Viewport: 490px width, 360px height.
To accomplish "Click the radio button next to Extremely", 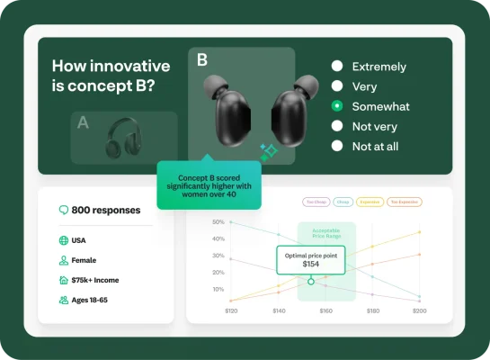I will pos(337,67).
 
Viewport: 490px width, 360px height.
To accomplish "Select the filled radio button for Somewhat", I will pos(337,106).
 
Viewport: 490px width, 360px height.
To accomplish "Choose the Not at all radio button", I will pos(337,146).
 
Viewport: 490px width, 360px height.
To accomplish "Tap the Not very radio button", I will pos(337,126).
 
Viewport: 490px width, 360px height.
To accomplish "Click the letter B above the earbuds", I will pos(202,61).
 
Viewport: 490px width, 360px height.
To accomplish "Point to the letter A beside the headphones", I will pos(83,123).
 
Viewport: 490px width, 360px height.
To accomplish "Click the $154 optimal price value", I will pos(311,264).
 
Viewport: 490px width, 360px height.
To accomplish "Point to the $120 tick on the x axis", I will pos(231,310).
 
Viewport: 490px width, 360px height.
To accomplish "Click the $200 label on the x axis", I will pos(419,310).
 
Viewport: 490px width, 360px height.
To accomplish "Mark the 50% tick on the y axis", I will pos(218,222).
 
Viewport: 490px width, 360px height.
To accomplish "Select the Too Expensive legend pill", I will pos(407,202).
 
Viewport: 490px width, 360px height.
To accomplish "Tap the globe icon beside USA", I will pos(63,240).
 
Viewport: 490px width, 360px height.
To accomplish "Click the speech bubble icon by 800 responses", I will pos(64,210).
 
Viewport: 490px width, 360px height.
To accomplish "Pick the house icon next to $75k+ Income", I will pos(63,280).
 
